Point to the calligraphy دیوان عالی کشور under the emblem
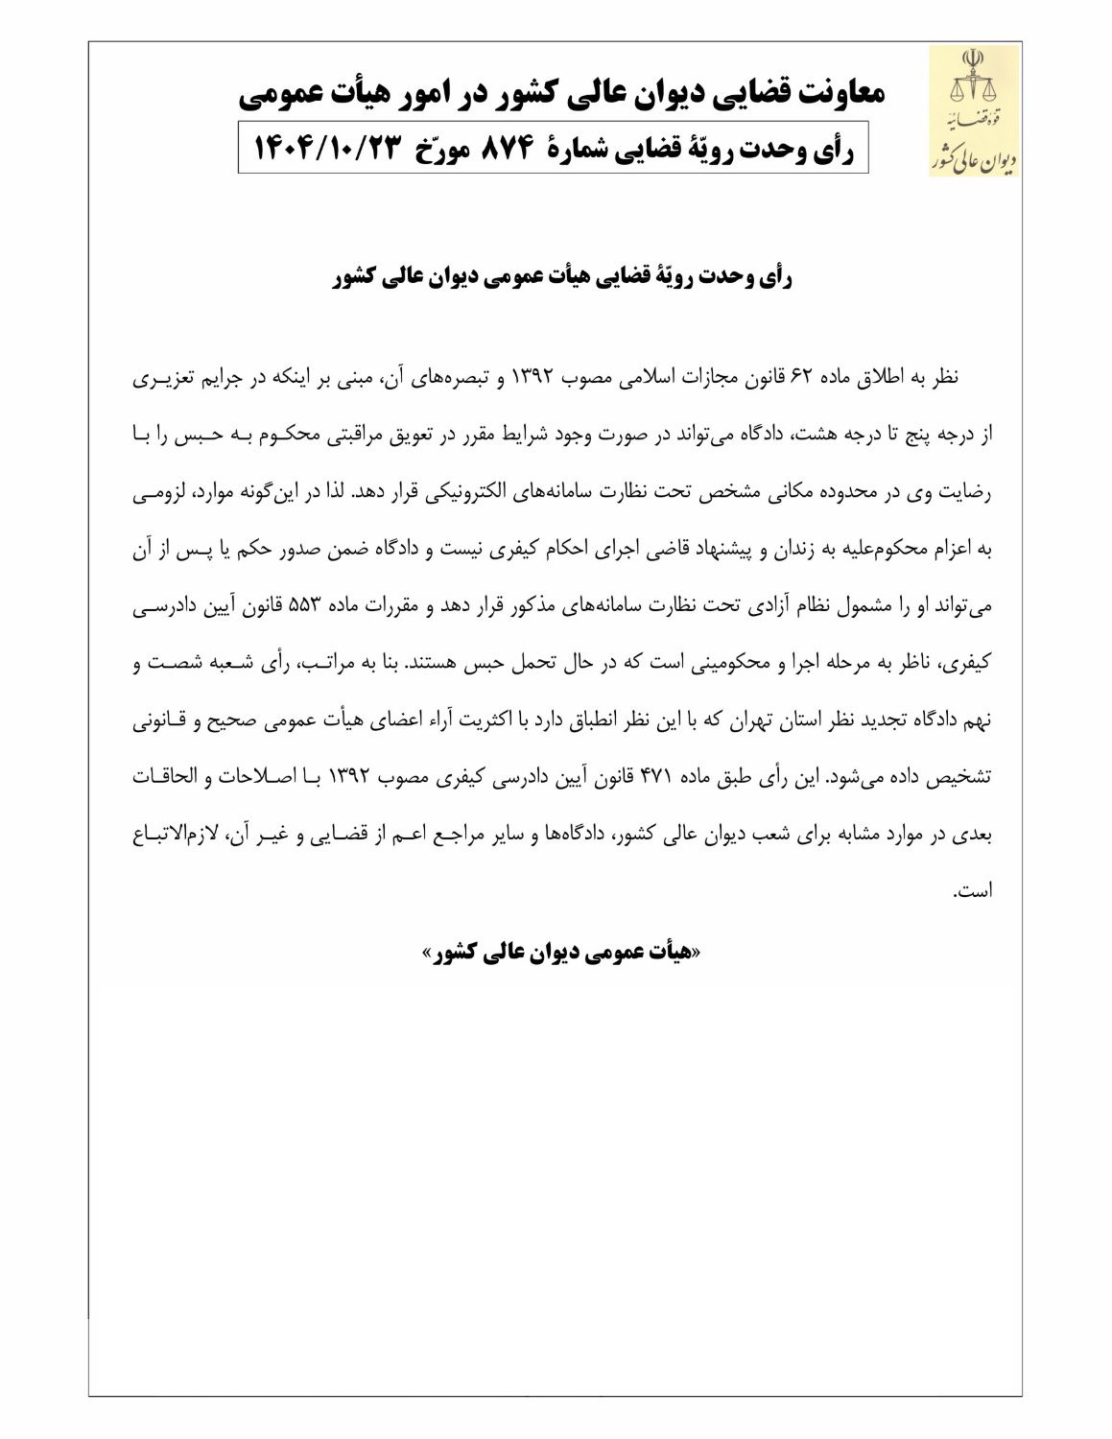pos(973,157)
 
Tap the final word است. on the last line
pos(971,892)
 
